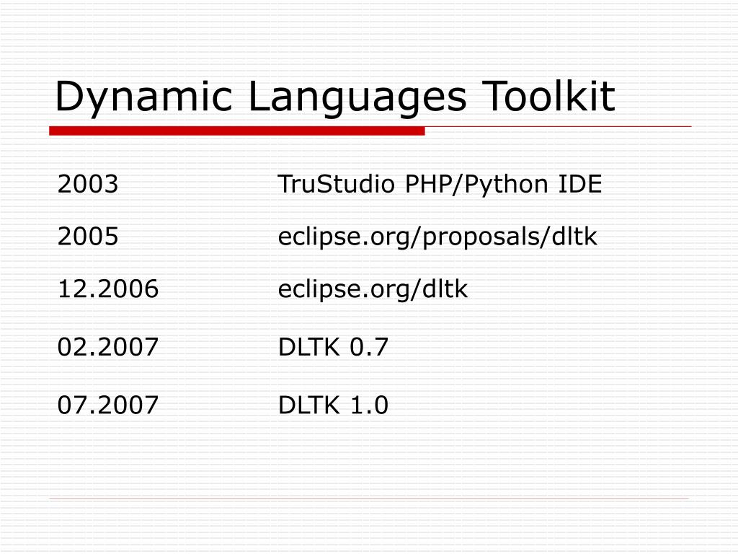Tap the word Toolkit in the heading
[x=551, y=97]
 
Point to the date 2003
[x=88, y=185]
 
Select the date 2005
[x=88, y=237]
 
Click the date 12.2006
[x=108, y=289]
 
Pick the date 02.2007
[x=108, y=348]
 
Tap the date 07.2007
[x=108, y=406]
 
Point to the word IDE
[x=580, y=185]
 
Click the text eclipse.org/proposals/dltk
[x=438, y=237]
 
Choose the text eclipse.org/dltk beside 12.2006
[x=373, y=289]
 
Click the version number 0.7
[x=370, y=348]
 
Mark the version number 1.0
[x=370, y=406]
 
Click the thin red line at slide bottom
[x=369, y=498]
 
